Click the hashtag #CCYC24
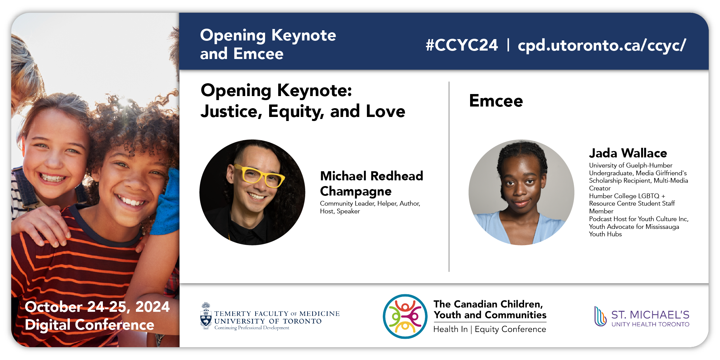(x=461, y=45)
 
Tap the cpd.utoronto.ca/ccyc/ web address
(x=602, y=46)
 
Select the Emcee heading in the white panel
(x=496, y=100)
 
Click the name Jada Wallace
(x=628, y=153)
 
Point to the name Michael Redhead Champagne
(x=371, y=184)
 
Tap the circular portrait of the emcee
(x=521, y=192)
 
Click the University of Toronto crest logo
(x=206, y=316)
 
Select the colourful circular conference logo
(x=405, y=316)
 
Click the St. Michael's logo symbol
(x=600, y=317)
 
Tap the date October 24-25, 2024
(x=97, y=307)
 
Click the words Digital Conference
(x=89, y=325)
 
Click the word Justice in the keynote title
(x=231, y=112)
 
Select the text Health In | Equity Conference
(x=490, y=329)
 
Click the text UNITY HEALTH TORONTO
(x=651, y=324)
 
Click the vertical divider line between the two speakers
(x=449, y=176)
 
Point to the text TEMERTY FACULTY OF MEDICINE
(x=277, y=313)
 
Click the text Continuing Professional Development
(x=252, y=328)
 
